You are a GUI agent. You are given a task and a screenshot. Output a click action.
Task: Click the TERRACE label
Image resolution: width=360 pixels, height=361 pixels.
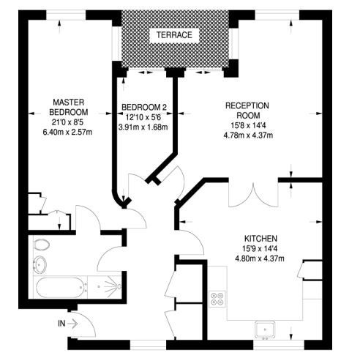[x=174, y=35]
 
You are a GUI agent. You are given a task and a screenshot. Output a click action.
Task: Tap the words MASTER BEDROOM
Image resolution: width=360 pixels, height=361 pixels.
[x=69, y=107]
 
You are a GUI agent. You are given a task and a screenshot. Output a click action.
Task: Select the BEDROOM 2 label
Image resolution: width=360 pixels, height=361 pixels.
[x=144, y=107]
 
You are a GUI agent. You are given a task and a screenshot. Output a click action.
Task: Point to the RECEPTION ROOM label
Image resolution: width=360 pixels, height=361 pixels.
[x=247, y=111]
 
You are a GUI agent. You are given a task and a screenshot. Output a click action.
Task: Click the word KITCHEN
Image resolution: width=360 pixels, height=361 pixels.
[x=260, y=239]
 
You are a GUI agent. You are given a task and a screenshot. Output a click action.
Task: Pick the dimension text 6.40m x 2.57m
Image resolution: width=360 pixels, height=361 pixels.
[x=67, y=133]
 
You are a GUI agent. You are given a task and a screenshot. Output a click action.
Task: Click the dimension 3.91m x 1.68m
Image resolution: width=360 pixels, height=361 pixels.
[x=143, y=127]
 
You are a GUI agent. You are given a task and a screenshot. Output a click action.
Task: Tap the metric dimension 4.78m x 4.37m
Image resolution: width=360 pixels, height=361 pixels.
[x=248, y=135]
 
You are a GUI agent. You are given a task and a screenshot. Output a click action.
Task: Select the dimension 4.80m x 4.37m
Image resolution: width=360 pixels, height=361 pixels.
[x=260, y=258]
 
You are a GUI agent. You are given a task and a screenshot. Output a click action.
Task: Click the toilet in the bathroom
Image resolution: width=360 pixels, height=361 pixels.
[x=42, y=245]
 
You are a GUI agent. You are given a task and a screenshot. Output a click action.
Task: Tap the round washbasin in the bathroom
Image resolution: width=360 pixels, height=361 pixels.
[x=40, y=264]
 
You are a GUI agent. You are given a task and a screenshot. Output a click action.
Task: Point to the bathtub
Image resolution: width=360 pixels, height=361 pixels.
[x=61, y=287]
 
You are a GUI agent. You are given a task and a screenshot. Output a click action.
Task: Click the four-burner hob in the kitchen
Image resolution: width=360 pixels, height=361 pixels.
[x=217, y=299]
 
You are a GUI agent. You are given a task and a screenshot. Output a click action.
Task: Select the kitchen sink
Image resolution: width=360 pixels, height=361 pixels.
[x=265, y=330]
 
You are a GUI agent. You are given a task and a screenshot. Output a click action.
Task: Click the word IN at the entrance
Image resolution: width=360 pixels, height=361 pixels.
[x=61, y=324]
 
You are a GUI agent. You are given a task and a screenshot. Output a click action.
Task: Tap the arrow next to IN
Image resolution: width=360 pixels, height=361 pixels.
[x=72, y=324]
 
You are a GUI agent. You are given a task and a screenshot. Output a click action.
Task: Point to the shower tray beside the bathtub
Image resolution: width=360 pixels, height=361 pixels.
[x=105, y=287]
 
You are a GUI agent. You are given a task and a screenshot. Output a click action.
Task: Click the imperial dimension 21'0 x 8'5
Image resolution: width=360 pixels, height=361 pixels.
[x=67, y=122]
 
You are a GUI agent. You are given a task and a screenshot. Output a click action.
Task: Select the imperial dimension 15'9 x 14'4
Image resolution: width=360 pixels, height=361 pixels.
[x=260, y=248]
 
